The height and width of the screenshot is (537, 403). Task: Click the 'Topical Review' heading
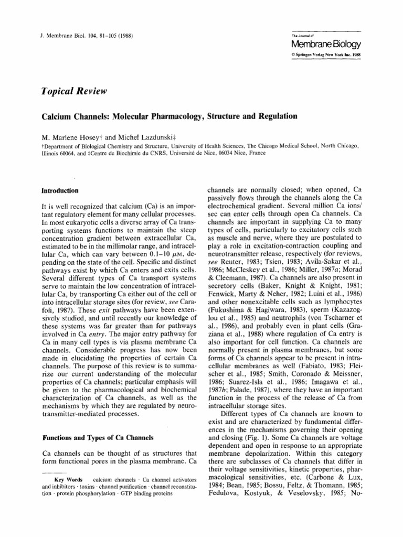pyautogui.click(x=75, y=91)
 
